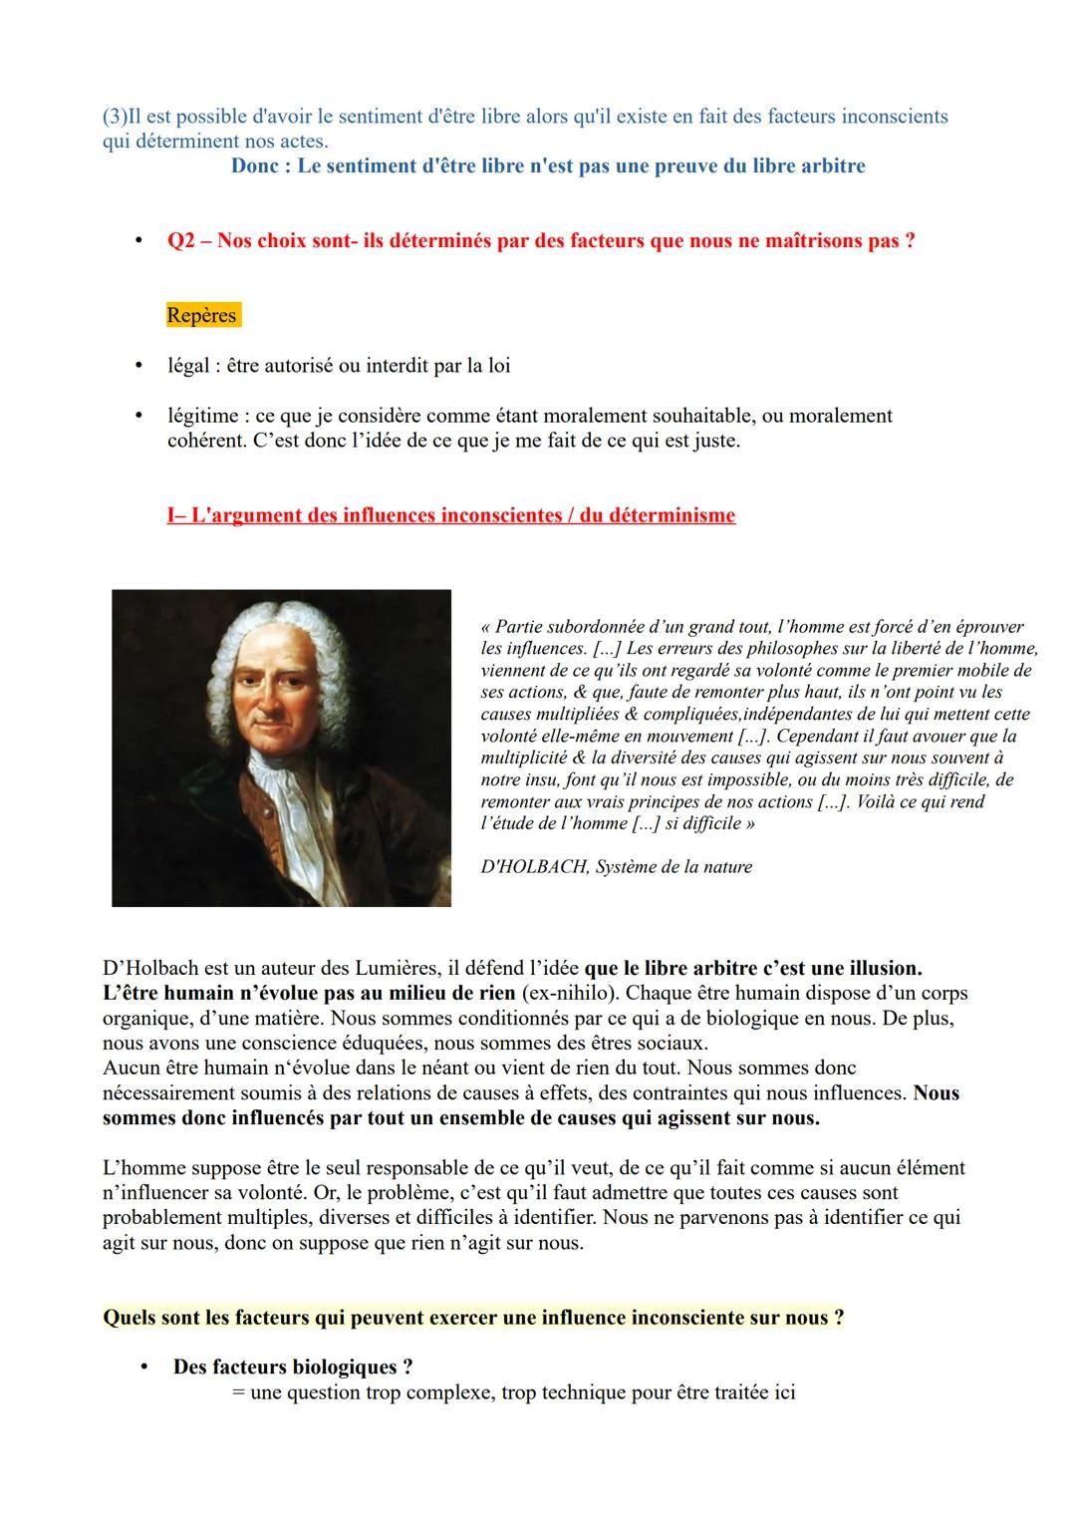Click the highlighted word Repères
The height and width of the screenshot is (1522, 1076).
coord(202,316)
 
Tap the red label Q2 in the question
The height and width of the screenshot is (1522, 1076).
coord(181,242)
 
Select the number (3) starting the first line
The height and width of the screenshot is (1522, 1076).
coord(115,117)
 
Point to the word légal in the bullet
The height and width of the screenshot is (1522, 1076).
coord(189,366)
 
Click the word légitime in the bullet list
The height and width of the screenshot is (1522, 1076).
coord(202,416)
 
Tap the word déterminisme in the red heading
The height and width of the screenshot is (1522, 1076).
coord(672,515)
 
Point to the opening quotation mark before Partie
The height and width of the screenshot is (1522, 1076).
coord(485,628)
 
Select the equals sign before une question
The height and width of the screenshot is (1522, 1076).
coord(238,1392)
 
